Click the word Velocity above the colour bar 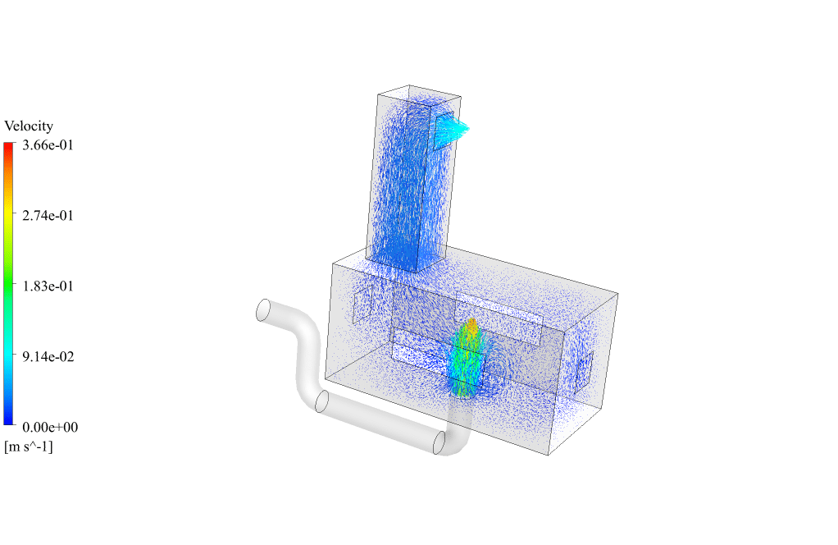coord(29,126)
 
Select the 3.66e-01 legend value coord(48,145)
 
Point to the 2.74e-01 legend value coord(48,216)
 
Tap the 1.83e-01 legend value coord(48,286)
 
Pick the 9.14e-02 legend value coord(48,357)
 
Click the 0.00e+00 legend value coord(50,428)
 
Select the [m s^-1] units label coord(29,447)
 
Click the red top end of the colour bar coord(8,145)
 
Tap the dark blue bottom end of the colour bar coord(8,421)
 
